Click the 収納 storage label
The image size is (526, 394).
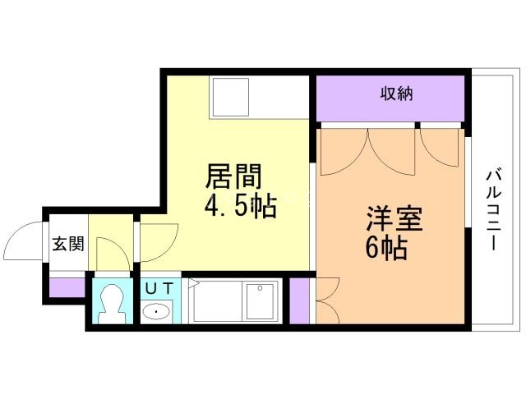click(x=396, y=94)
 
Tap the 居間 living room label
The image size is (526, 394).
click(x=233, y=176)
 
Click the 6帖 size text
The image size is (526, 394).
click(x=387, y=249)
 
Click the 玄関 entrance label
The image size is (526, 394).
click(x=68, y=244)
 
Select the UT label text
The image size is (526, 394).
click(x=159, y=288)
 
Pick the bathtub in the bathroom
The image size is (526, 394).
click(x=235, y=303)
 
